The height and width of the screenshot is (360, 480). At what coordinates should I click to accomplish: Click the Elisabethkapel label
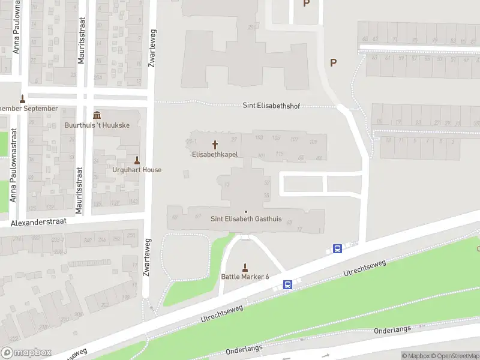pyautogui.click(x=215, y=154)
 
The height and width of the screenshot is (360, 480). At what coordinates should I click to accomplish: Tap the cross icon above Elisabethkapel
pyautogui.click(x=215, y=145)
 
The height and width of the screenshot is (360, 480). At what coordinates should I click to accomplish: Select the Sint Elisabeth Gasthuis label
pyautogui.click(x=246, y=219)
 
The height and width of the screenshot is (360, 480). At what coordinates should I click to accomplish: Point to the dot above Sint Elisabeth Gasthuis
pyautogui.click(x=246, y=211)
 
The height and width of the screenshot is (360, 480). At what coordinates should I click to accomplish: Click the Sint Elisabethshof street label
pyautogui.click(x=271, y=106)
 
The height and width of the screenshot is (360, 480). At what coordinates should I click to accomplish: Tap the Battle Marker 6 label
pyautogui.click(x=245, y=276)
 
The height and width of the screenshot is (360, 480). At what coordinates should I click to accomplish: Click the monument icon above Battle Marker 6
pyautogui.click(x=245, y=267)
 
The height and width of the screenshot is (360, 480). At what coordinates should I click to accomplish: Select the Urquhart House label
pyautogui.click(x=137, y=170)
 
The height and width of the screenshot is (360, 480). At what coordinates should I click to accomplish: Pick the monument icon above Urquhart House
pyautogui.click(x=137, y=160)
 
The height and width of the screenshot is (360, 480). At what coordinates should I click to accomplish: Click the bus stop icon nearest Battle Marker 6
pyautogui.click(x=288, y=285)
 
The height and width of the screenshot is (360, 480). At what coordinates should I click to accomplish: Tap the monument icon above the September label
pyautogui.click(x=23, y=99)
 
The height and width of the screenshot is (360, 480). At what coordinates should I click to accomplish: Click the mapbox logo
pyautogui.click(x=26, y=353)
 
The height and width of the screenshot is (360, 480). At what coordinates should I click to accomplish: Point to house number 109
pyautogui.click(x=313, y=142)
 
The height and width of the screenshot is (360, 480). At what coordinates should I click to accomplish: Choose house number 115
pyautogui.click(x=279, y=154)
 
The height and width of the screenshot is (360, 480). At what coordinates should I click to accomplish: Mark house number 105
pyautogui.click(x=276, y=138)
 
